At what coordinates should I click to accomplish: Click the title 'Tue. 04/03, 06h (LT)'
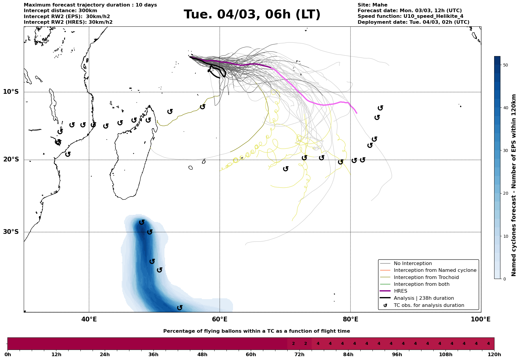(x=252, y=15)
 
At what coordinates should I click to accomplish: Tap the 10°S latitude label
(x=11, y=92)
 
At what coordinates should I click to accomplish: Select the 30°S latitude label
(x=11, y=232)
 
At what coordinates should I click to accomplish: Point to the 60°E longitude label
(x=220, y=319)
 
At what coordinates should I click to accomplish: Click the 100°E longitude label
(x=481, y=319)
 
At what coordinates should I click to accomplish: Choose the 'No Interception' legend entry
(x=413, y=264)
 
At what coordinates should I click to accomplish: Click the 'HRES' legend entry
(x=400, y=291)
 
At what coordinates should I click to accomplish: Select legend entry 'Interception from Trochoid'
(x=426, y=277)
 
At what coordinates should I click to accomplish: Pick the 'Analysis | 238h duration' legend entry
(x=424, y=298)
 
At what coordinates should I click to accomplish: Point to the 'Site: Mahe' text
(x=372, y=5)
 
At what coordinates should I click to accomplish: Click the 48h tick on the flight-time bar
(x=202, y=354)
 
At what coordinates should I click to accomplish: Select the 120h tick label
(x=494, y=354)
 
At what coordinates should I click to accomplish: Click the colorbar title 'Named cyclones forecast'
(x=514, y=185)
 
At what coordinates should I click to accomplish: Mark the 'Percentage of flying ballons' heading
(x=256, y=331)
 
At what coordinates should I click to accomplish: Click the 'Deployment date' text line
(x=413, y=22)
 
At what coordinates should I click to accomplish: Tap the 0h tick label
(x=8, y=354)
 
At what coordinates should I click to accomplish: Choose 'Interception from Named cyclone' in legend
(x=435, y=270)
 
